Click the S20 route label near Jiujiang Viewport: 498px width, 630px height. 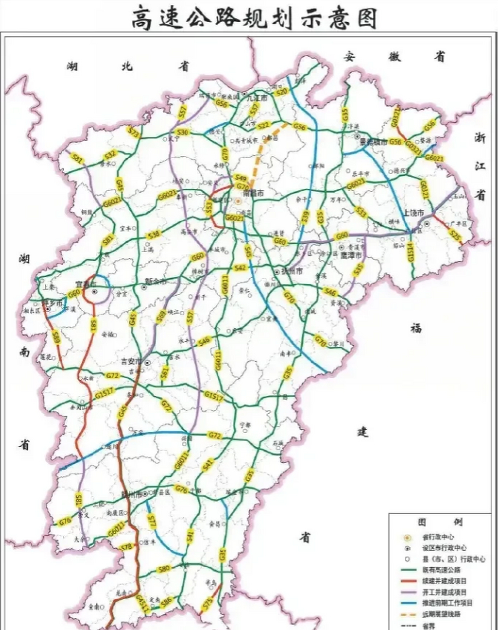click(281, 92)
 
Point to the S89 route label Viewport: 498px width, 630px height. click(56, 338)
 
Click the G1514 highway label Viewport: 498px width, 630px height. click(411, 254)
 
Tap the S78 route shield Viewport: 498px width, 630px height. click(126, 546)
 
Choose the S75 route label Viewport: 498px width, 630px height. click(208, 603)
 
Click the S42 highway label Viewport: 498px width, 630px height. click(240, 267)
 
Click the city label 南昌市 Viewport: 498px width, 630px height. click(253, 194)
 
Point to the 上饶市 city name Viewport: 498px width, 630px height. click(413, 213)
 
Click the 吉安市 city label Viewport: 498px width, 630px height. click(131, 362)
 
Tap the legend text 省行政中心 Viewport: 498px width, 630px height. click(438, 537)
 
